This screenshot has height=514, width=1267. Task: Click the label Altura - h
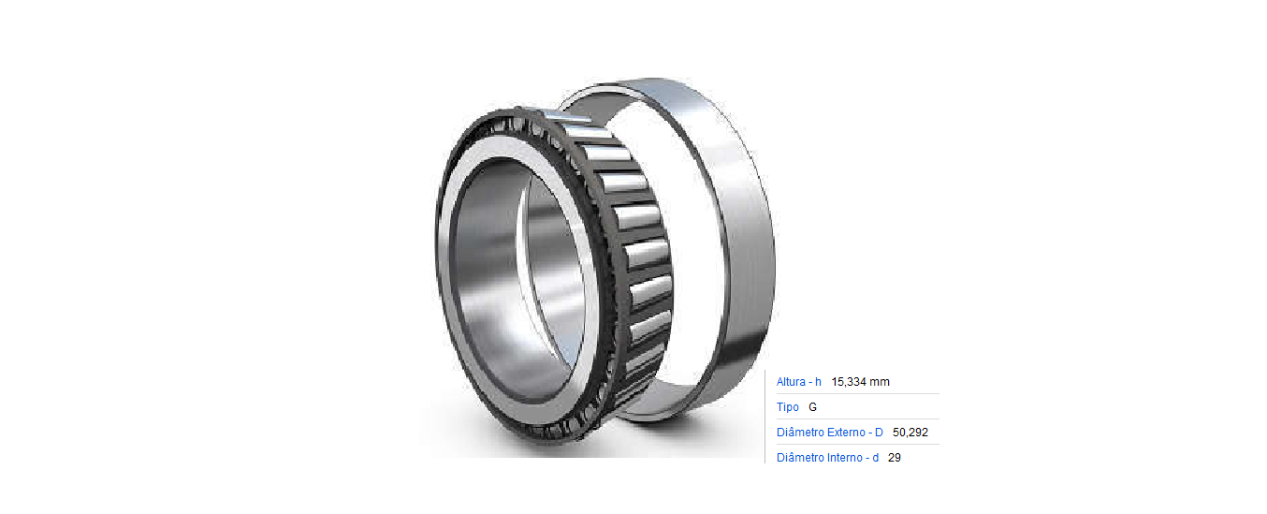[799, 382]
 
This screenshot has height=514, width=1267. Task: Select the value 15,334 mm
[860, 382]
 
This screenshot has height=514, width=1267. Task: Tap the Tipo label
[787, 407]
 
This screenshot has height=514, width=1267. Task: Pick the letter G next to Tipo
[813, 407]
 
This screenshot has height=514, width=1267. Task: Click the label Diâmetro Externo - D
[829, 433]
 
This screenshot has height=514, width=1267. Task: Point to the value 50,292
[910, 433]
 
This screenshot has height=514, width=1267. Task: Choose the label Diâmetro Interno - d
[827, 458]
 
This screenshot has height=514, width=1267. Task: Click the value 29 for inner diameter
[895, 458]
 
